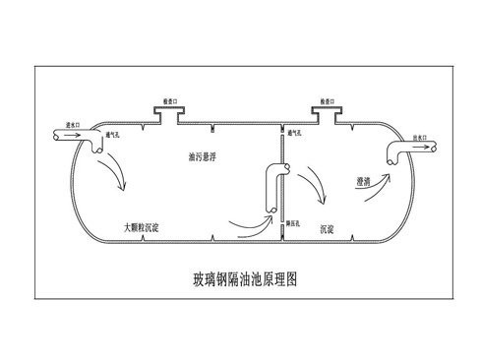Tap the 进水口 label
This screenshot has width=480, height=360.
point(71,127)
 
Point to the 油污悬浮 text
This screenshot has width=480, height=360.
point(204,155)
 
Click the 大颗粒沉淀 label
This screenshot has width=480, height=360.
point(142,227)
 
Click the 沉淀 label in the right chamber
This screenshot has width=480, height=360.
point(329,228)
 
